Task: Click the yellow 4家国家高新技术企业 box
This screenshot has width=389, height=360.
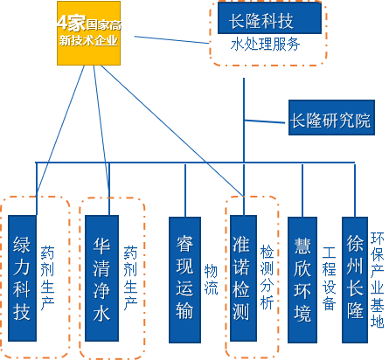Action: click(x=88, y=33)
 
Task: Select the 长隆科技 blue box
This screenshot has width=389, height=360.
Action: click(x=269, y=18)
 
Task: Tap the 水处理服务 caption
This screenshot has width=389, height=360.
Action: click(x=265, y=45)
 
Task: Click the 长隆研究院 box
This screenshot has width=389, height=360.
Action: click(x=331, y=117)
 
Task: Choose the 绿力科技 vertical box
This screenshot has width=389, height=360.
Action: click(x=22, y=278)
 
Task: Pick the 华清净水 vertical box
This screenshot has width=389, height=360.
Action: click(x=101, y=278)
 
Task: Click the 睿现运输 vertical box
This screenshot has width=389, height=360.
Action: click(x=184, y=280)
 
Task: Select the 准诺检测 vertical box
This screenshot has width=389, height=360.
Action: click(x=243, y=278)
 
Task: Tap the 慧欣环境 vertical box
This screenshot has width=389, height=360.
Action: click(x=302, y=280)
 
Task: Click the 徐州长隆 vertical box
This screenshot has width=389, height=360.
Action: click(x=355, y=280)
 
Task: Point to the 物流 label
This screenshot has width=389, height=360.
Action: click(x=211, y=280)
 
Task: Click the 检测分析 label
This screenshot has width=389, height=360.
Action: click(x=267, y=277)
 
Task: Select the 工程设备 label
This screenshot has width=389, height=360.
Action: click(x=329, y=279)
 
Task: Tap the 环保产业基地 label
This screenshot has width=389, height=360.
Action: click(x=377, y=280)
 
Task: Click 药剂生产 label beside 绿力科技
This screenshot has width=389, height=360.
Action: click(x=47, y=278)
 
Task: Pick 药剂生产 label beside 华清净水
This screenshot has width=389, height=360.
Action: click(x=130, y=278)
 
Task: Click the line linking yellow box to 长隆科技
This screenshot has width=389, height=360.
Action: click(x=171, y=39)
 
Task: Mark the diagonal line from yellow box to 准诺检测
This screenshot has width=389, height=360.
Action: click(x=172, y=131)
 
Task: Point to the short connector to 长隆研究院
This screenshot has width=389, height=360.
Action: click(x=265, y=121)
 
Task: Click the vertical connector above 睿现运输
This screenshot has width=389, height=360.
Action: click(x=185, y=190)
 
